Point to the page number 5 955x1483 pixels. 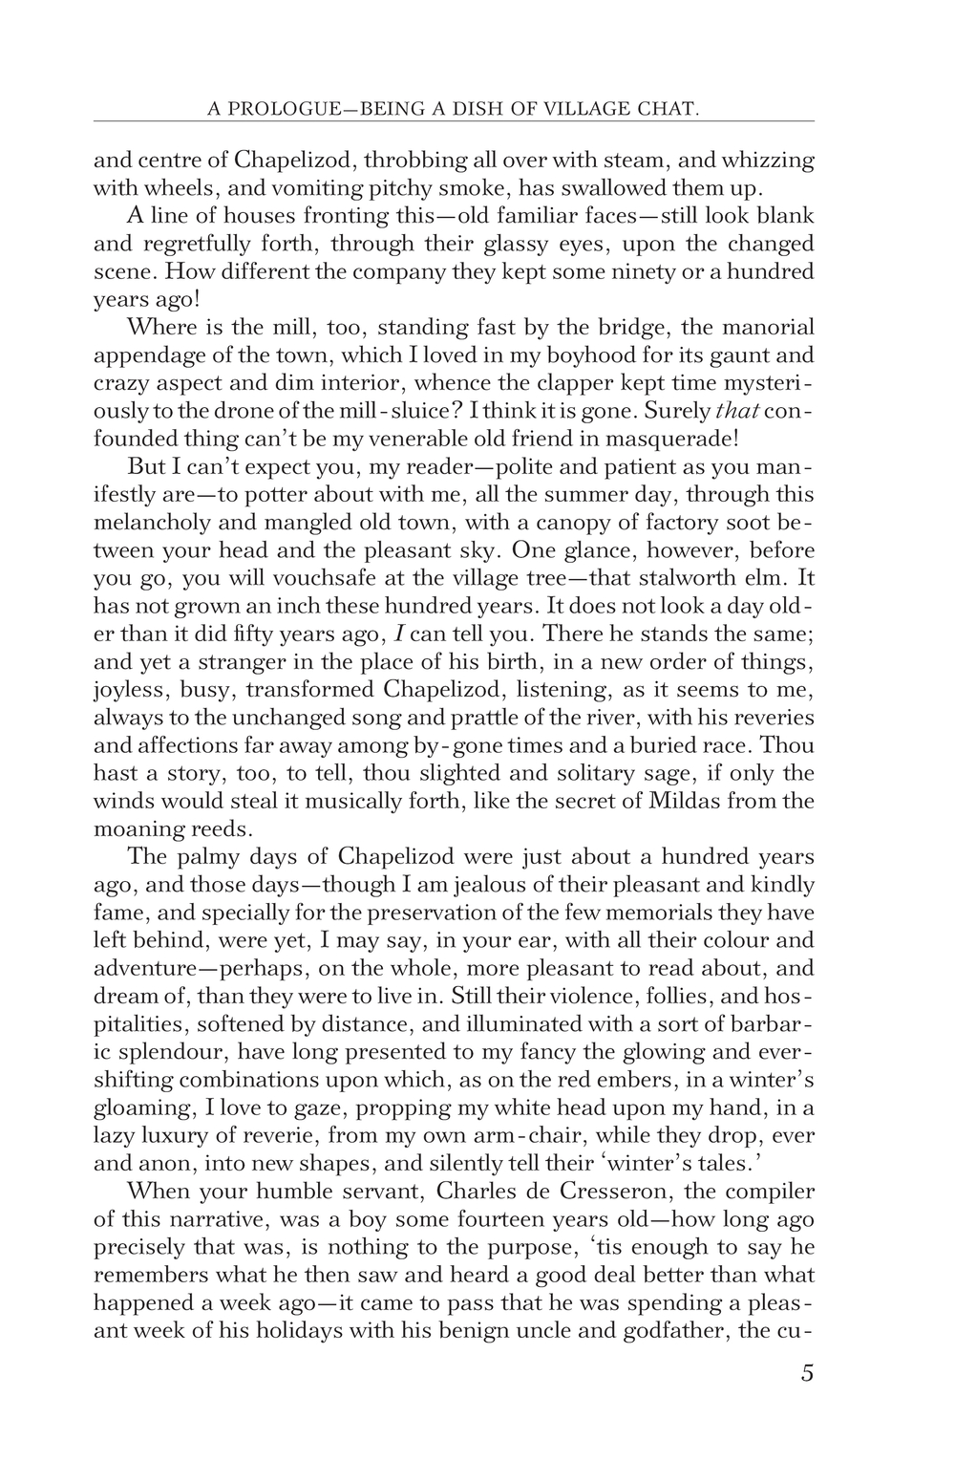click(807, 1374)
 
